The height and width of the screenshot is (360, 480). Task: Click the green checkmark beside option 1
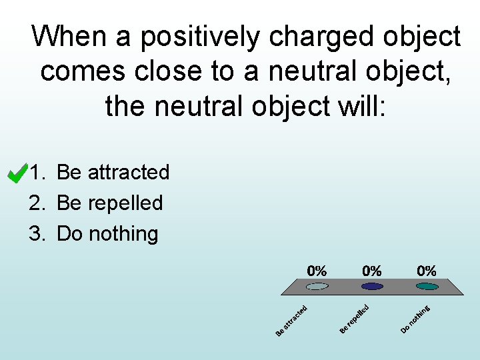[16, 173]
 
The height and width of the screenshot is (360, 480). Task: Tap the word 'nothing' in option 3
[122, 233]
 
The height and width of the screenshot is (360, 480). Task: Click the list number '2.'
[37, 203]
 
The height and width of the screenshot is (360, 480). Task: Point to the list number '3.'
[37, 233]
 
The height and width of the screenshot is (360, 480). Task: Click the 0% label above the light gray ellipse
[317, 271]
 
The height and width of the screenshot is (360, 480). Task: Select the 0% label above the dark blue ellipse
[372, 271]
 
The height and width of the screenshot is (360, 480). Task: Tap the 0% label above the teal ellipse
[427, 271]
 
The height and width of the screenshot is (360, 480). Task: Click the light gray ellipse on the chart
[317, 287]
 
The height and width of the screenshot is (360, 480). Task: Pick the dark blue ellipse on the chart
[372, 287]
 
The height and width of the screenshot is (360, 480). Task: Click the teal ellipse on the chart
[427, 287]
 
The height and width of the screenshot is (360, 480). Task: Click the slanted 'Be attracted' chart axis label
[291, 320]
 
